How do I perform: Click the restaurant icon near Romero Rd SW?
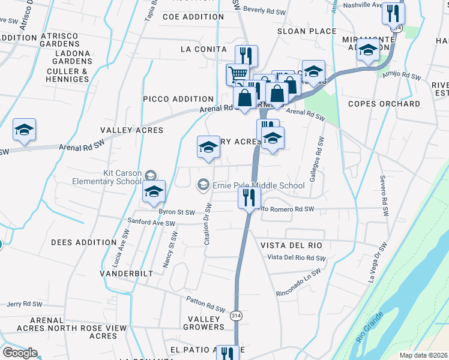click(x=249, y=197)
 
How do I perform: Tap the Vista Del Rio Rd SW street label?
click(x=297, y=257)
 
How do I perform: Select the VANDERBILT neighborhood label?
click(x=127, y=273)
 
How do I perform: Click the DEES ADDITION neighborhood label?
click(x=83, y=242)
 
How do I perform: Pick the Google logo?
click(x=20, y=353)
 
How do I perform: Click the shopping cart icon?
click(x=238, y=74)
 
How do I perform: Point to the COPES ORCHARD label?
click(x=384, y=104)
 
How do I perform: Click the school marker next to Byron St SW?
click(x=154, y=193)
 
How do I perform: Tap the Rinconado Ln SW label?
click(x=302, y=285)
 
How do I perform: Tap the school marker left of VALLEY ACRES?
click(x=24, y=130)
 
